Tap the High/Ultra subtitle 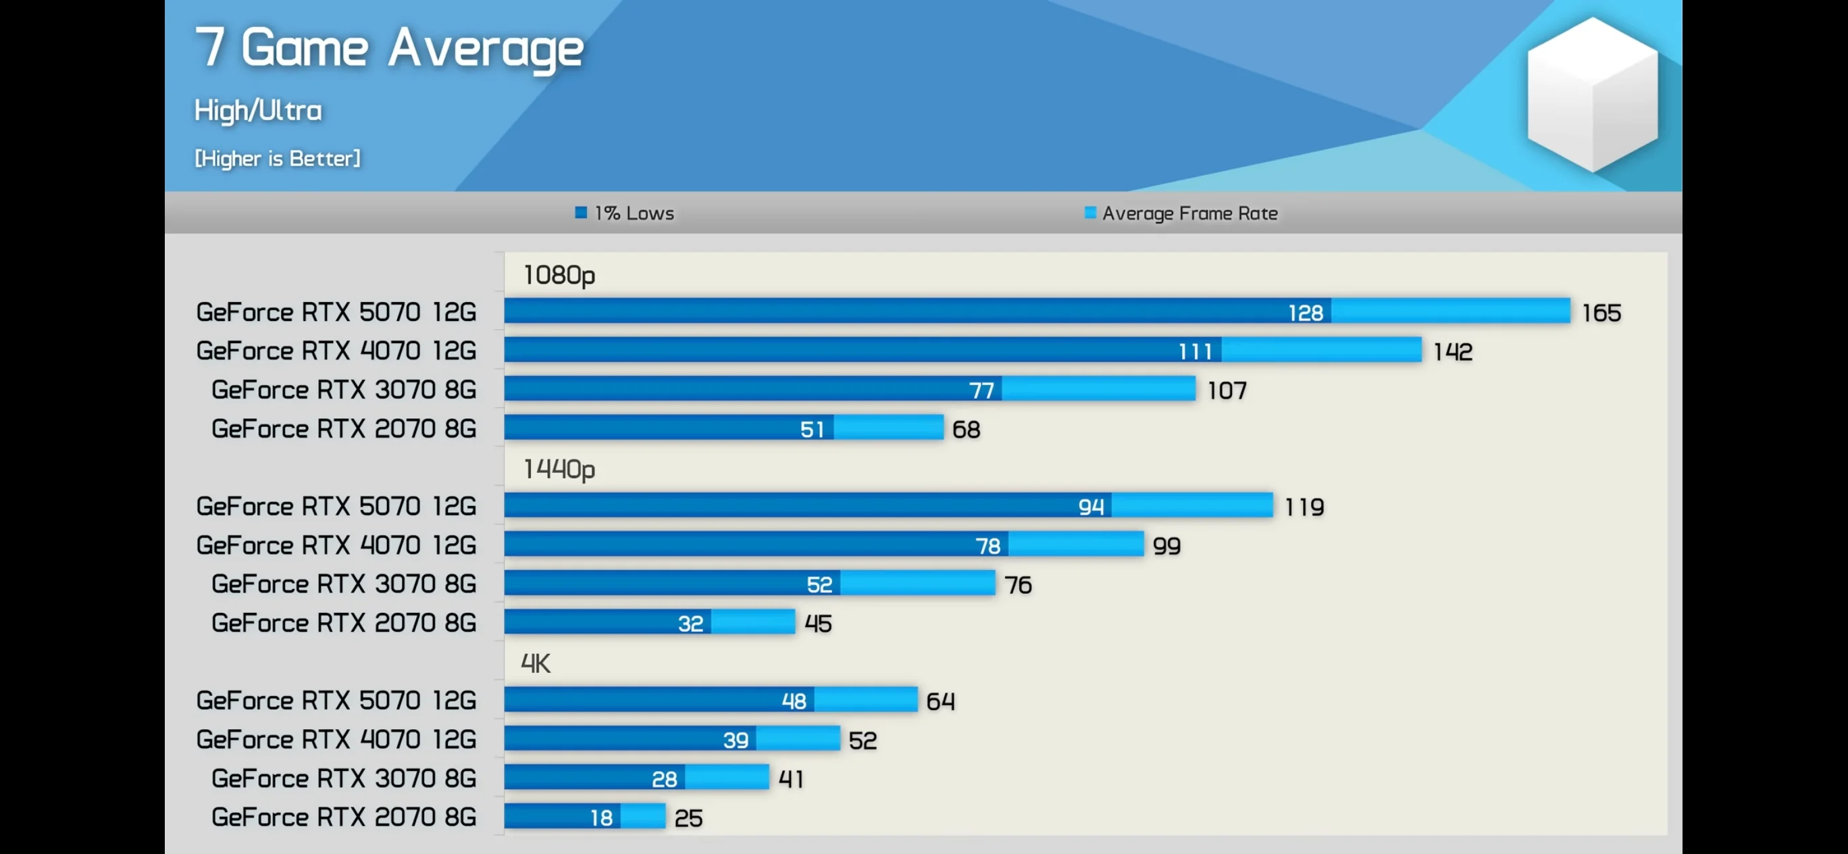click(258, 111)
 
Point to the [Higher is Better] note click(278, 159)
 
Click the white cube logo click(1592, 94)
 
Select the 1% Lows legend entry click(625, 213)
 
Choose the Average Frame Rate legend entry click(1181, 213)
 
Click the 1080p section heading click(559, 275)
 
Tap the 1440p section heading click(559, 470)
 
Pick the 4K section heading click(535, 663)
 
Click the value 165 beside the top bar click(1601, 313)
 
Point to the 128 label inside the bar click(1306, 313)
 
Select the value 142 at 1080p click(1453, 351)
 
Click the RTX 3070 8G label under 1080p click(344, 390)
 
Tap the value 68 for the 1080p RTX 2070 click(966, 429)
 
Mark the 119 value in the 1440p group click(1304, 507)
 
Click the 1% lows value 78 click(988, 546)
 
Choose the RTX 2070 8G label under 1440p click(344, 623)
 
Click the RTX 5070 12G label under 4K click(336, 701)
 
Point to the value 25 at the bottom click(688, 818)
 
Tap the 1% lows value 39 click(736, 740)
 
